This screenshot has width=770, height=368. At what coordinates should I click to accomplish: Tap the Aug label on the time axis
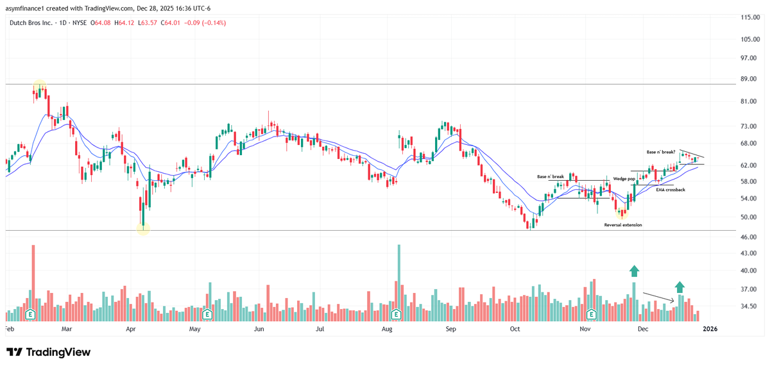[x=387, y=329]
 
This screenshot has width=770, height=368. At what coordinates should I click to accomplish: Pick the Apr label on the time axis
[x=131, y=329]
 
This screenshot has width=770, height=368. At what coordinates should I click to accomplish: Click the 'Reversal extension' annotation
[x=623, y=225]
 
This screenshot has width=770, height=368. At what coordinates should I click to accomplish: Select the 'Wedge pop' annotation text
[x=624, y=178]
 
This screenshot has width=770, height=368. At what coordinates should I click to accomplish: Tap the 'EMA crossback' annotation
[x=671, y=190]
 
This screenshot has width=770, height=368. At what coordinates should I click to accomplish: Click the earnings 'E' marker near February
[x=30, y=314]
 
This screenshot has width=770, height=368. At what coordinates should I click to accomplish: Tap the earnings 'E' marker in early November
[x=591, y=314]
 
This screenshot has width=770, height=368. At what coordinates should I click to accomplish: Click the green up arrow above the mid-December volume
[x=680, y=287]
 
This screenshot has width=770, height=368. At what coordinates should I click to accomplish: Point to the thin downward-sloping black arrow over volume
[x=659, y=297]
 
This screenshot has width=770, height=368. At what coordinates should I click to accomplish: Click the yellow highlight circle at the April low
[x=143, y=228]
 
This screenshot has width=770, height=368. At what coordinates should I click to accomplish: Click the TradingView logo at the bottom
[x=49, y=352]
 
